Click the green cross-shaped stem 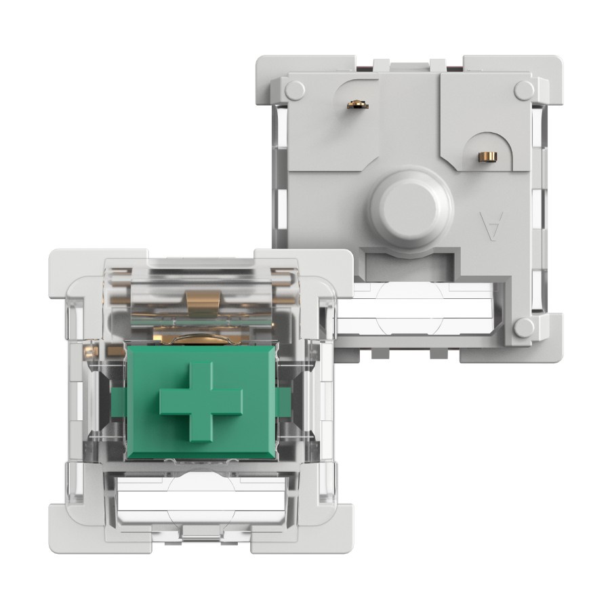[x=201, y=402]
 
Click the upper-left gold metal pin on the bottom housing [x=357, y=104]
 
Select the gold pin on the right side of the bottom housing [x=488, y=157]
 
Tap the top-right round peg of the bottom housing [x=525, y=90]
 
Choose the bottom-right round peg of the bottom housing [x=524, y=327]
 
